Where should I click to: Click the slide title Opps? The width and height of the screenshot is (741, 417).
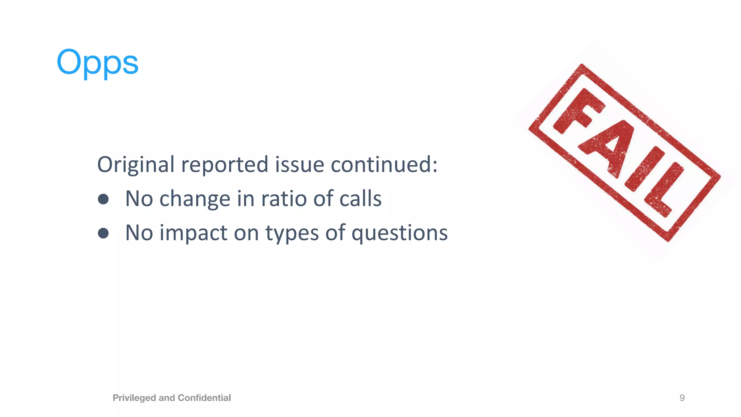pos(97,62)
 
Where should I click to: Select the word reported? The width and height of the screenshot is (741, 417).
pos(225,165)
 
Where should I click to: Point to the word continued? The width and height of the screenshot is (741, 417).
pos(384,165)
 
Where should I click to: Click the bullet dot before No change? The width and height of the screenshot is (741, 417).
pos(103,199)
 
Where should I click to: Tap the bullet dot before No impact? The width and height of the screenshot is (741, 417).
pos(103,233)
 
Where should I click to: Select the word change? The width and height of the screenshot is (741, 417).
pos(195,199)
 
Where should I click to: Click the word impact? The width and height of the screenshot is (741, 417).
pos(194,233)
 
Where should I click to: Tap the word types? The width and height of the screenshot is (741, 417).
pos(292,233)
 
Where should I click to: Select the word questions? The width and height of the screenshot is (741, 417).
pos(399,233)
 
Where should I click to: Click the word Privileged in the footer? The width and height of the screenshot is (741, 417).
pos(134,398)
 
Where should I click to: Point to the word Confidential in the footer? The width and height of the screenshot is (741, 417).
pos(204,398)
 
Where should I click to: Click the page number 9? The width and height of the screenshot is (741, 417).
pos(682,398)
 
